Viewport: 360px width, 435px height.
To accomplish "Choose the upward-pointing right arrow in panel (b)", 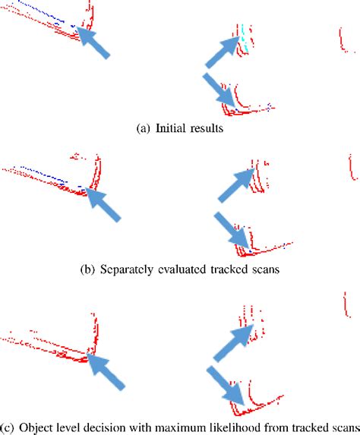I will click(235, 187).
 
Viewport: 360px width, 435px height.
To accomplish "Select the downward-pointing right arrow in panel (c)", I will click(226, 387).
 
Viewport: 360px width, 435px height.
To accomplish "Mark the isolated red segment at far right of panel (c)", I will click(346, 305).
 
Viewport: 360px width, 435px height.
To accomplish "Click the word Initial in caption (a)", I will click(171, 129).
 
